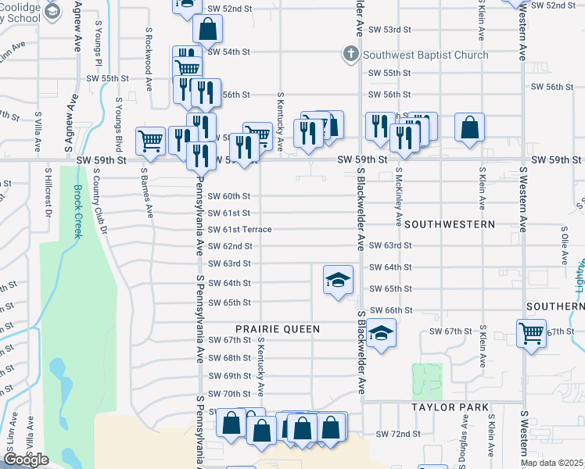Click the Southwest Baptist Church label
coord(425,55)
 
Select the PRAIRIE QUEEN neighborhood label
coord(278,329)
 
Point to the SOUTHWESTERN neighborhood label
coord(450,224)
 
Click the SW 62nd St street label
coord(229,246)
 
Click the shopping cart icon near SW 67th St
coord(532,333)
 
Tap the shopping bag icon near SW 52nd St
coord(208,30)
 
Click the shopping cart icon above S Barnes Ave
coord(150,141)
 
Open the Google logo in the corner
coord(26,459)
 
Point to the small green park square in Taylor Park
coord(427,381)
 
